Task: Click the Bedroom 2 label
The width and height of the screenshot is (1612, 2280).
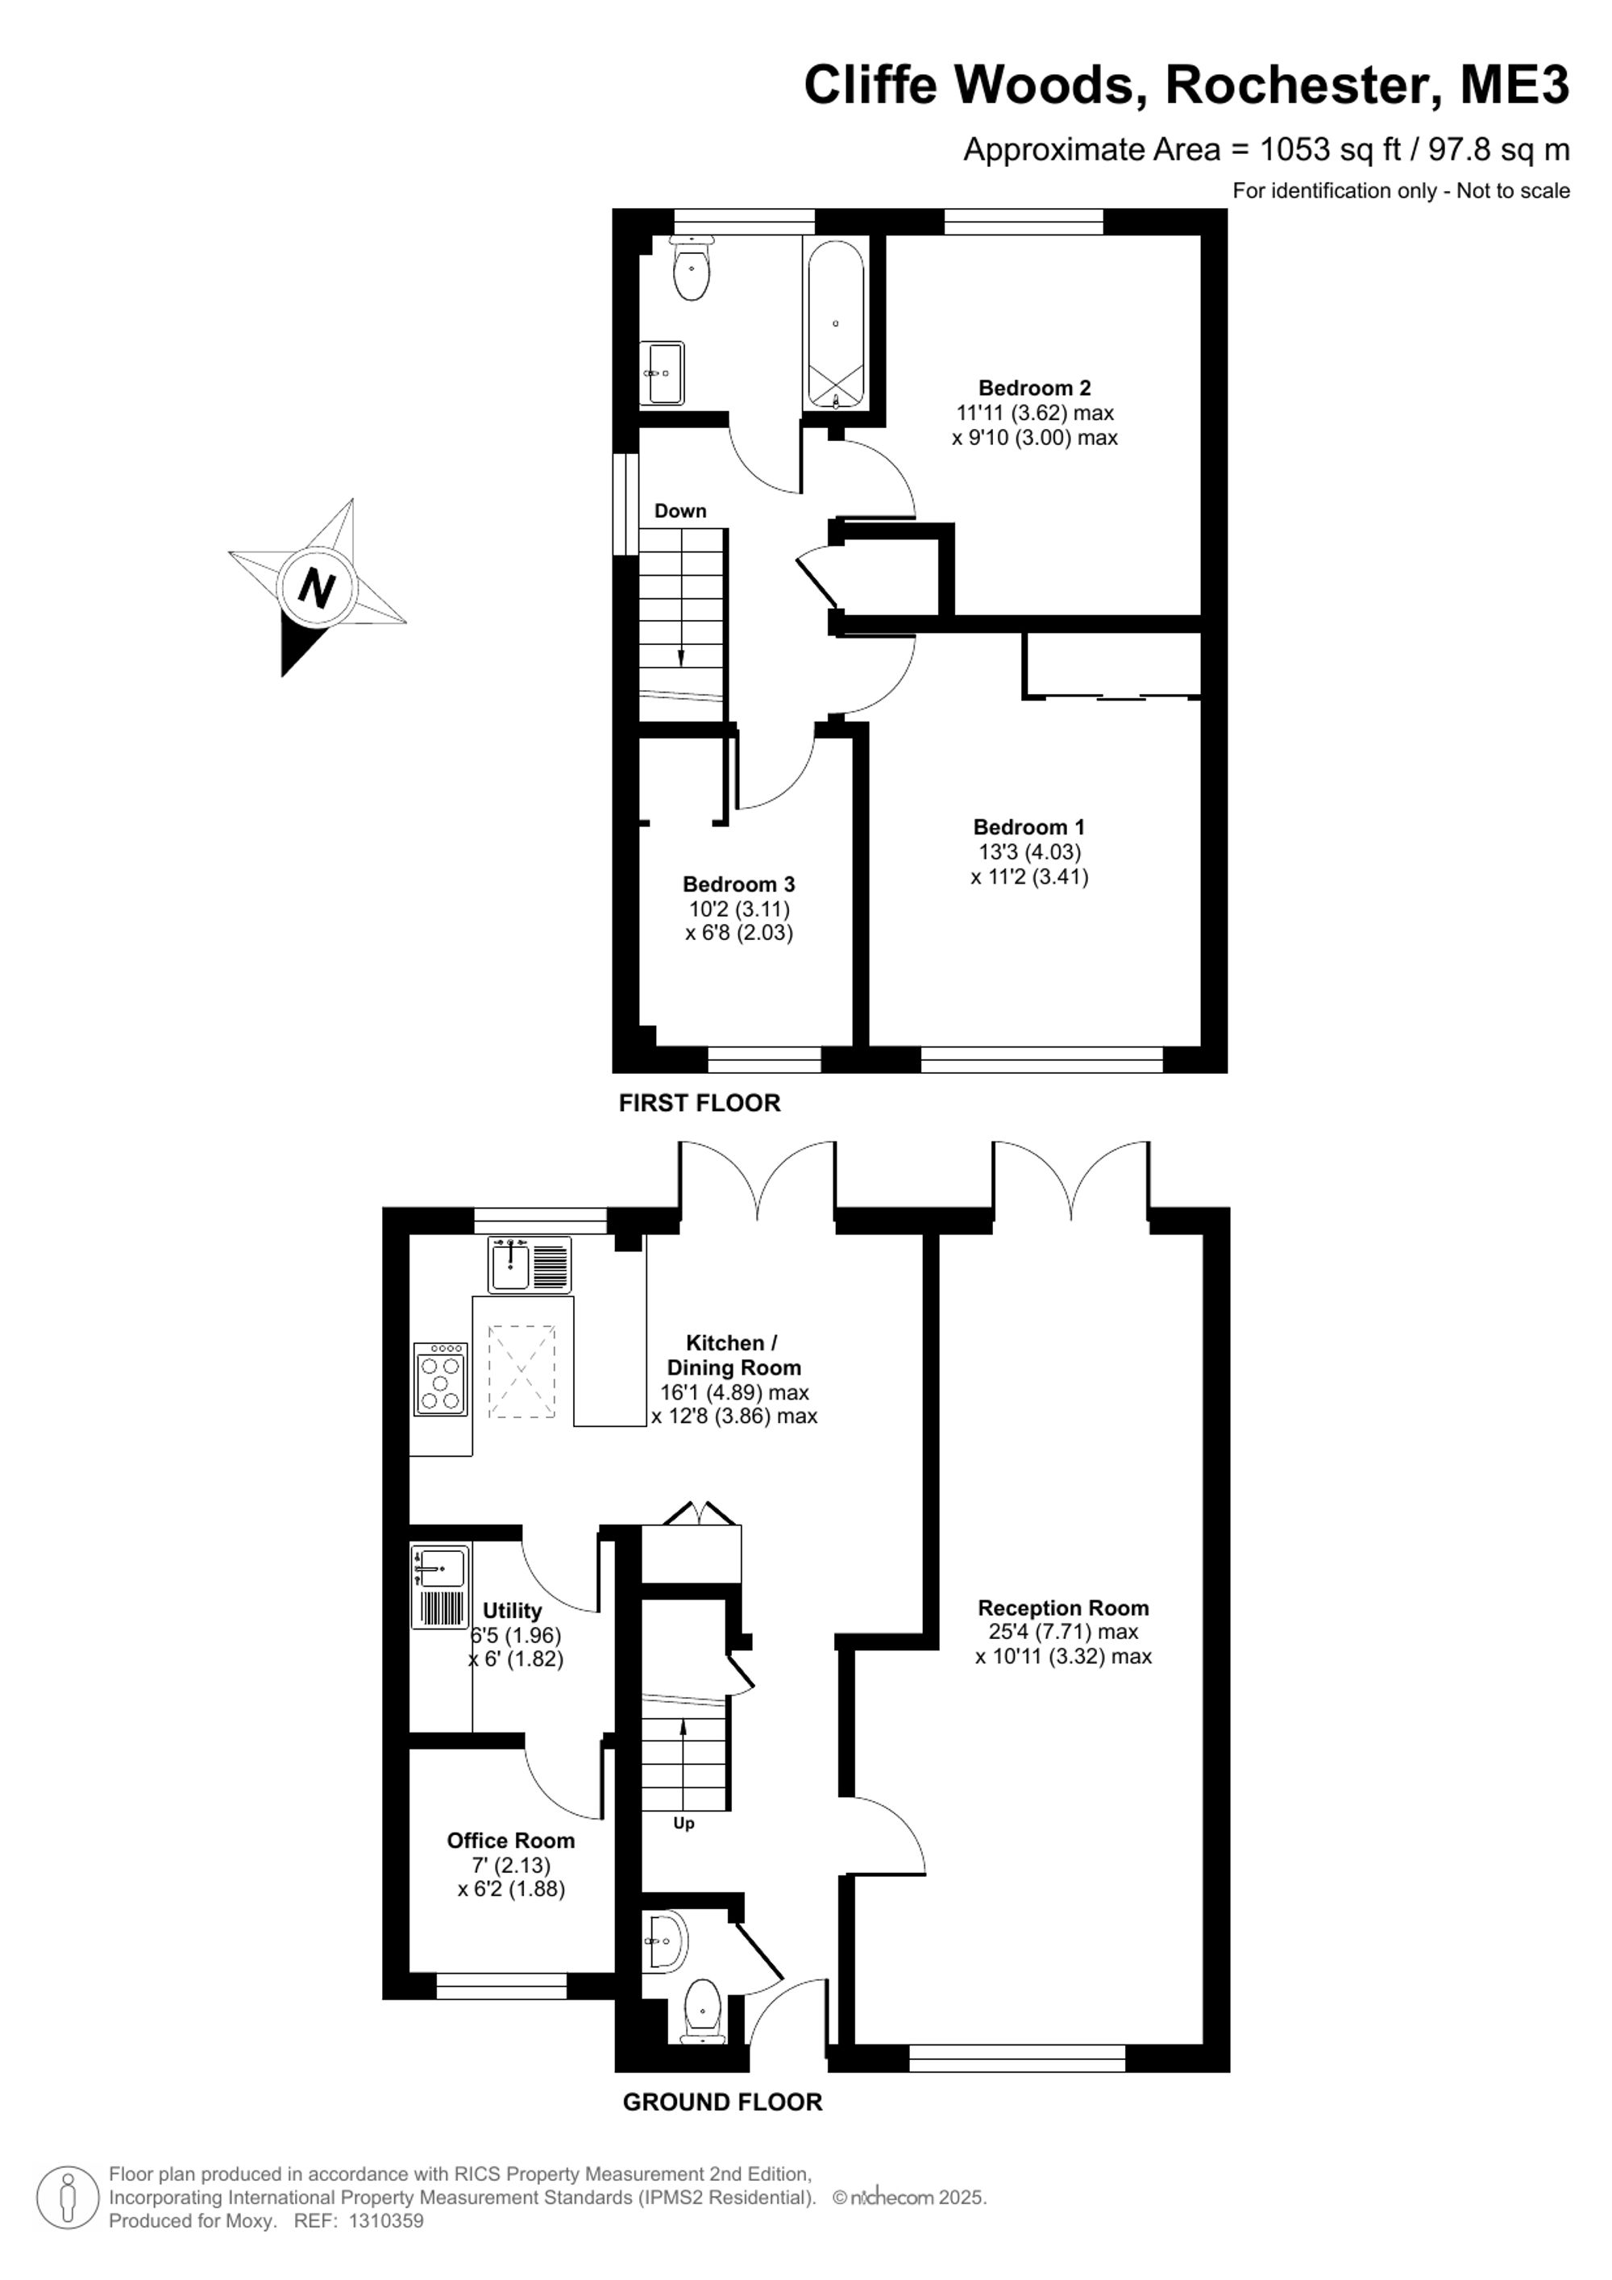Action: [1034, 389]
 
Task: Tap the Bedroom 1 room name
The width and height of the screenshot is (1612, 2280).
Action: [1029, 827]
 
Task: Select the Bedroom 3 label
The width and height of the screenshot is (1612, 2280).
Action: [738, 884]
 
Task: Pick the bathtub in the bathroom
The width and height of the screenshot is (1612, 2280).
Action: [836, 325]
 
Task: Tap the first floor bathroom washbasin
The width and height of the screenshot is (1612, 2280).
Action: [662, 372]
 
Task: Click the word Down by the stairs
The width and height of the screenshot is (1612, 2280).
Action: [680, 511]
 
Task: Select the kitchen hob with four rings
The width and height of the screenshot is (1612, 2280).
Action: [441, 1379]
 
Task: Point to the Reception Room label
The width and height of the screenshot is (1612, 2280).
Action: [1063, 1608]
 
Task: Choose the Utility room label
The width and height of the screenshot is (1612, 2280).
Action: [512, 1611]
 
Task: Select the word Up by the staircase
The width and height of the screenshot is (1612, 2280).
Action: [684, 1823]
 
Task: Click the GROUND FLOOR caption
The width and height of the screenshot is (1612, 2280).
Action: [723, 2103]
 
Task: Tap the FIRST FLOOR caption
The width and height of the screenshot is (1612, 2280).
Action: [700, 1102]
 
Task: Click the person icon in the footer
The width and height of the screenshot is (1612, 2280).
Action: [69, 2197]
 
